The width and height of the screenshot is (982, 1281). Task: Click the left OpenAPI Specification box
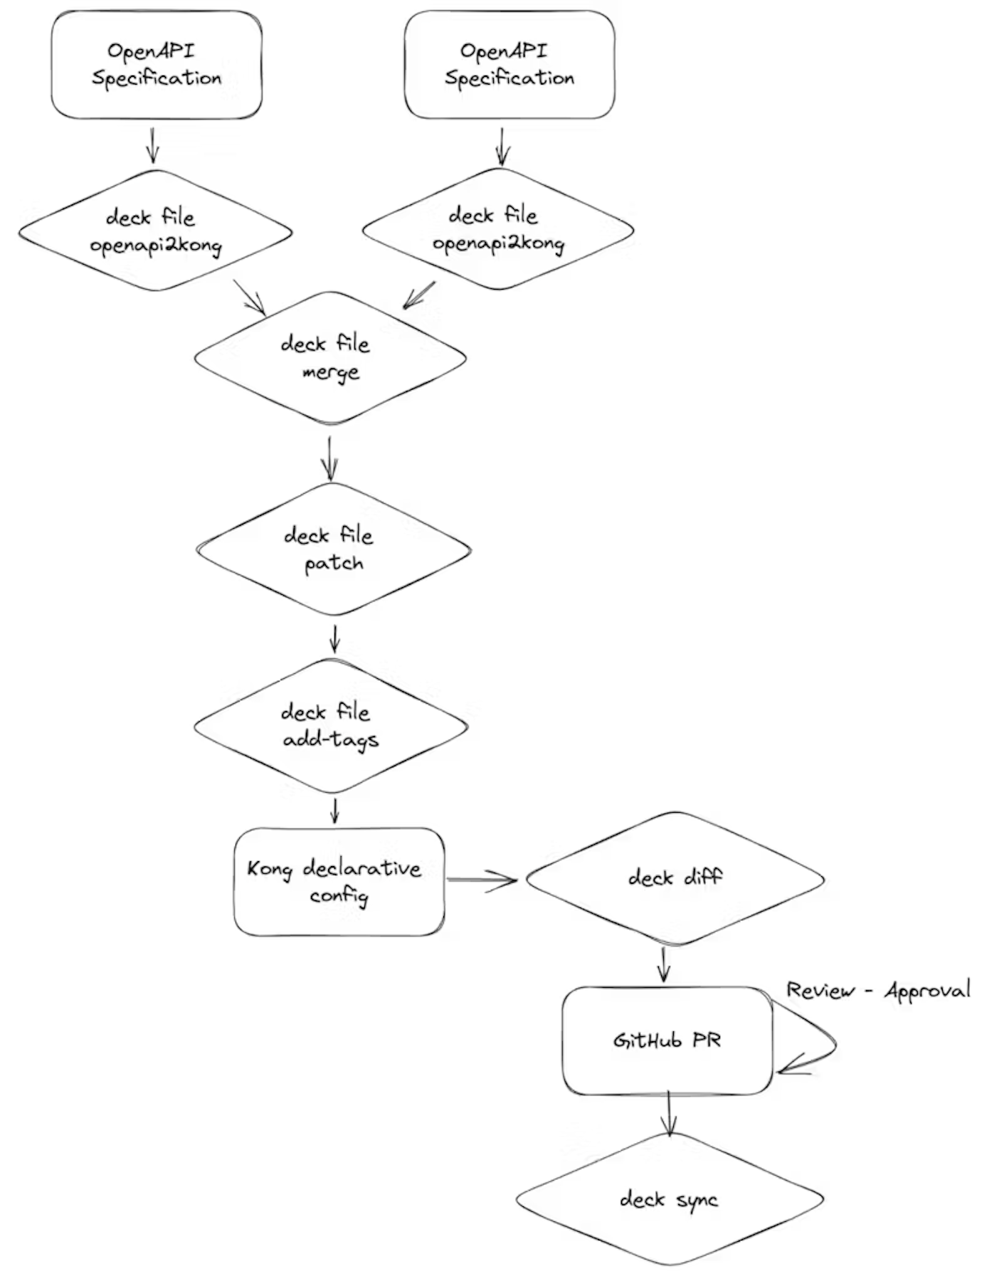pos(157,64)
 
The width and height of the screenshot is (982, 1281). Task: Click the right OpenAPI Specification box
pos(509,64)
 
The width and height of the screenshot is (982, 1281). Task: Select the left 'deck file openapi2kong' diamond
pos(155,231)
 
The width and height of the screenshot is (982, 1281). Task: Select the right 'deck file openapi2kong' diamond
pos(498,229)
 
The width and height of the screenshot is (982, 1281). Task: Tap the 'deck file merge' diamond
pos(329,358)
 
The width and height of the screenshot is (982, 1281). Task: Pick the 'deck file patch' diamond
pos(333,549)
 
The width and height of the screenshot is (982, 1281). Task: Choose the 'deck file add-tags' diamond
pos(330,725)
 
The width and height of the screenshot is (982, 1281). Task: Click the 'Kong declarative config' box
pos(339,881)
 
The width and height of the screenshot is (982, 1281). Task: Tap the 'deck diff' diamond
pos(675,878)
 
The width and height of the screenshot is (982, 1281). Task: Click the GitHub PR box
pos(667,1040)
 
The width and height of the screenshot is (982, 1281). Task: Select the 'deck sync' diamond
pos(669,1199)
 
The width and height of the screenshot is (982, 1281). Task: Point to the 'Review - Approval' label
pos(877,990)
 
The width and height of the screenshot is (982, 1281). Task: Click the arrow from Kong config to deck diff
pos(482,880)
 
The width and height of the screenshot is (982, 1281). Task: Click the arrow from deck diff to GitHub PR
pos(664,965)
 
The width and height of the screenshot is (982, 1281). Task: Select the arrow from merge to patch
pos(329,458)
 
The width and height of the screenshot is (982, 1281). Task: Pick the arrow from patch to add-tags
pos(334,638)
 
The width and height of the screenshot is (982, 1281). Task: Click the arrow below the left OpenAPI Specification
pos(152,145)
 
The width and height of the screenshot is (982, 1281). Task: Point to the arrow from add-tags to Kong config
pos(334,811)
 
